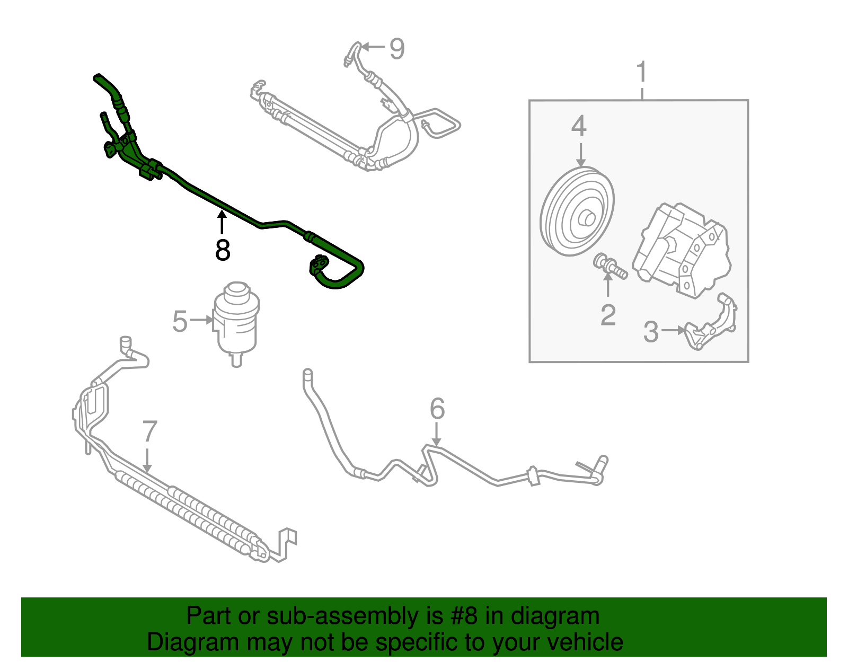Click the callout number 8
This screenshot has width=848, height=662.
pos(223,250)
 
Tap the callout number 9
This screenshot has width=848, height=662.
pos(397,49)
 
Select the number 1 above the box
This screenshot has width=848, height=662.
pos(642,72)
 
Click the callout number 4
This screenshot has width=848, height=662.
pos(579,127)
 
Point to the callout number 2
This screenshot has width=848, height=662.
pos(608,315)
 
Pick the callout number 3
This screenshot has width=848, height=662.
pos(651,332)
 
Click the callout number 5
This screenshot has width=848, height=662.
pos(180,321)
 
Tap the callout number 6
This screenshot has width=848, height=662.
pos(437,409)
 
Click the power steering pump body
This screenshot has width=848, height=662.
pos(684,249)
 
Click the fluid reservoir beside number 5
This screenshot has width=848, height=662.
pos(236,323)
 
